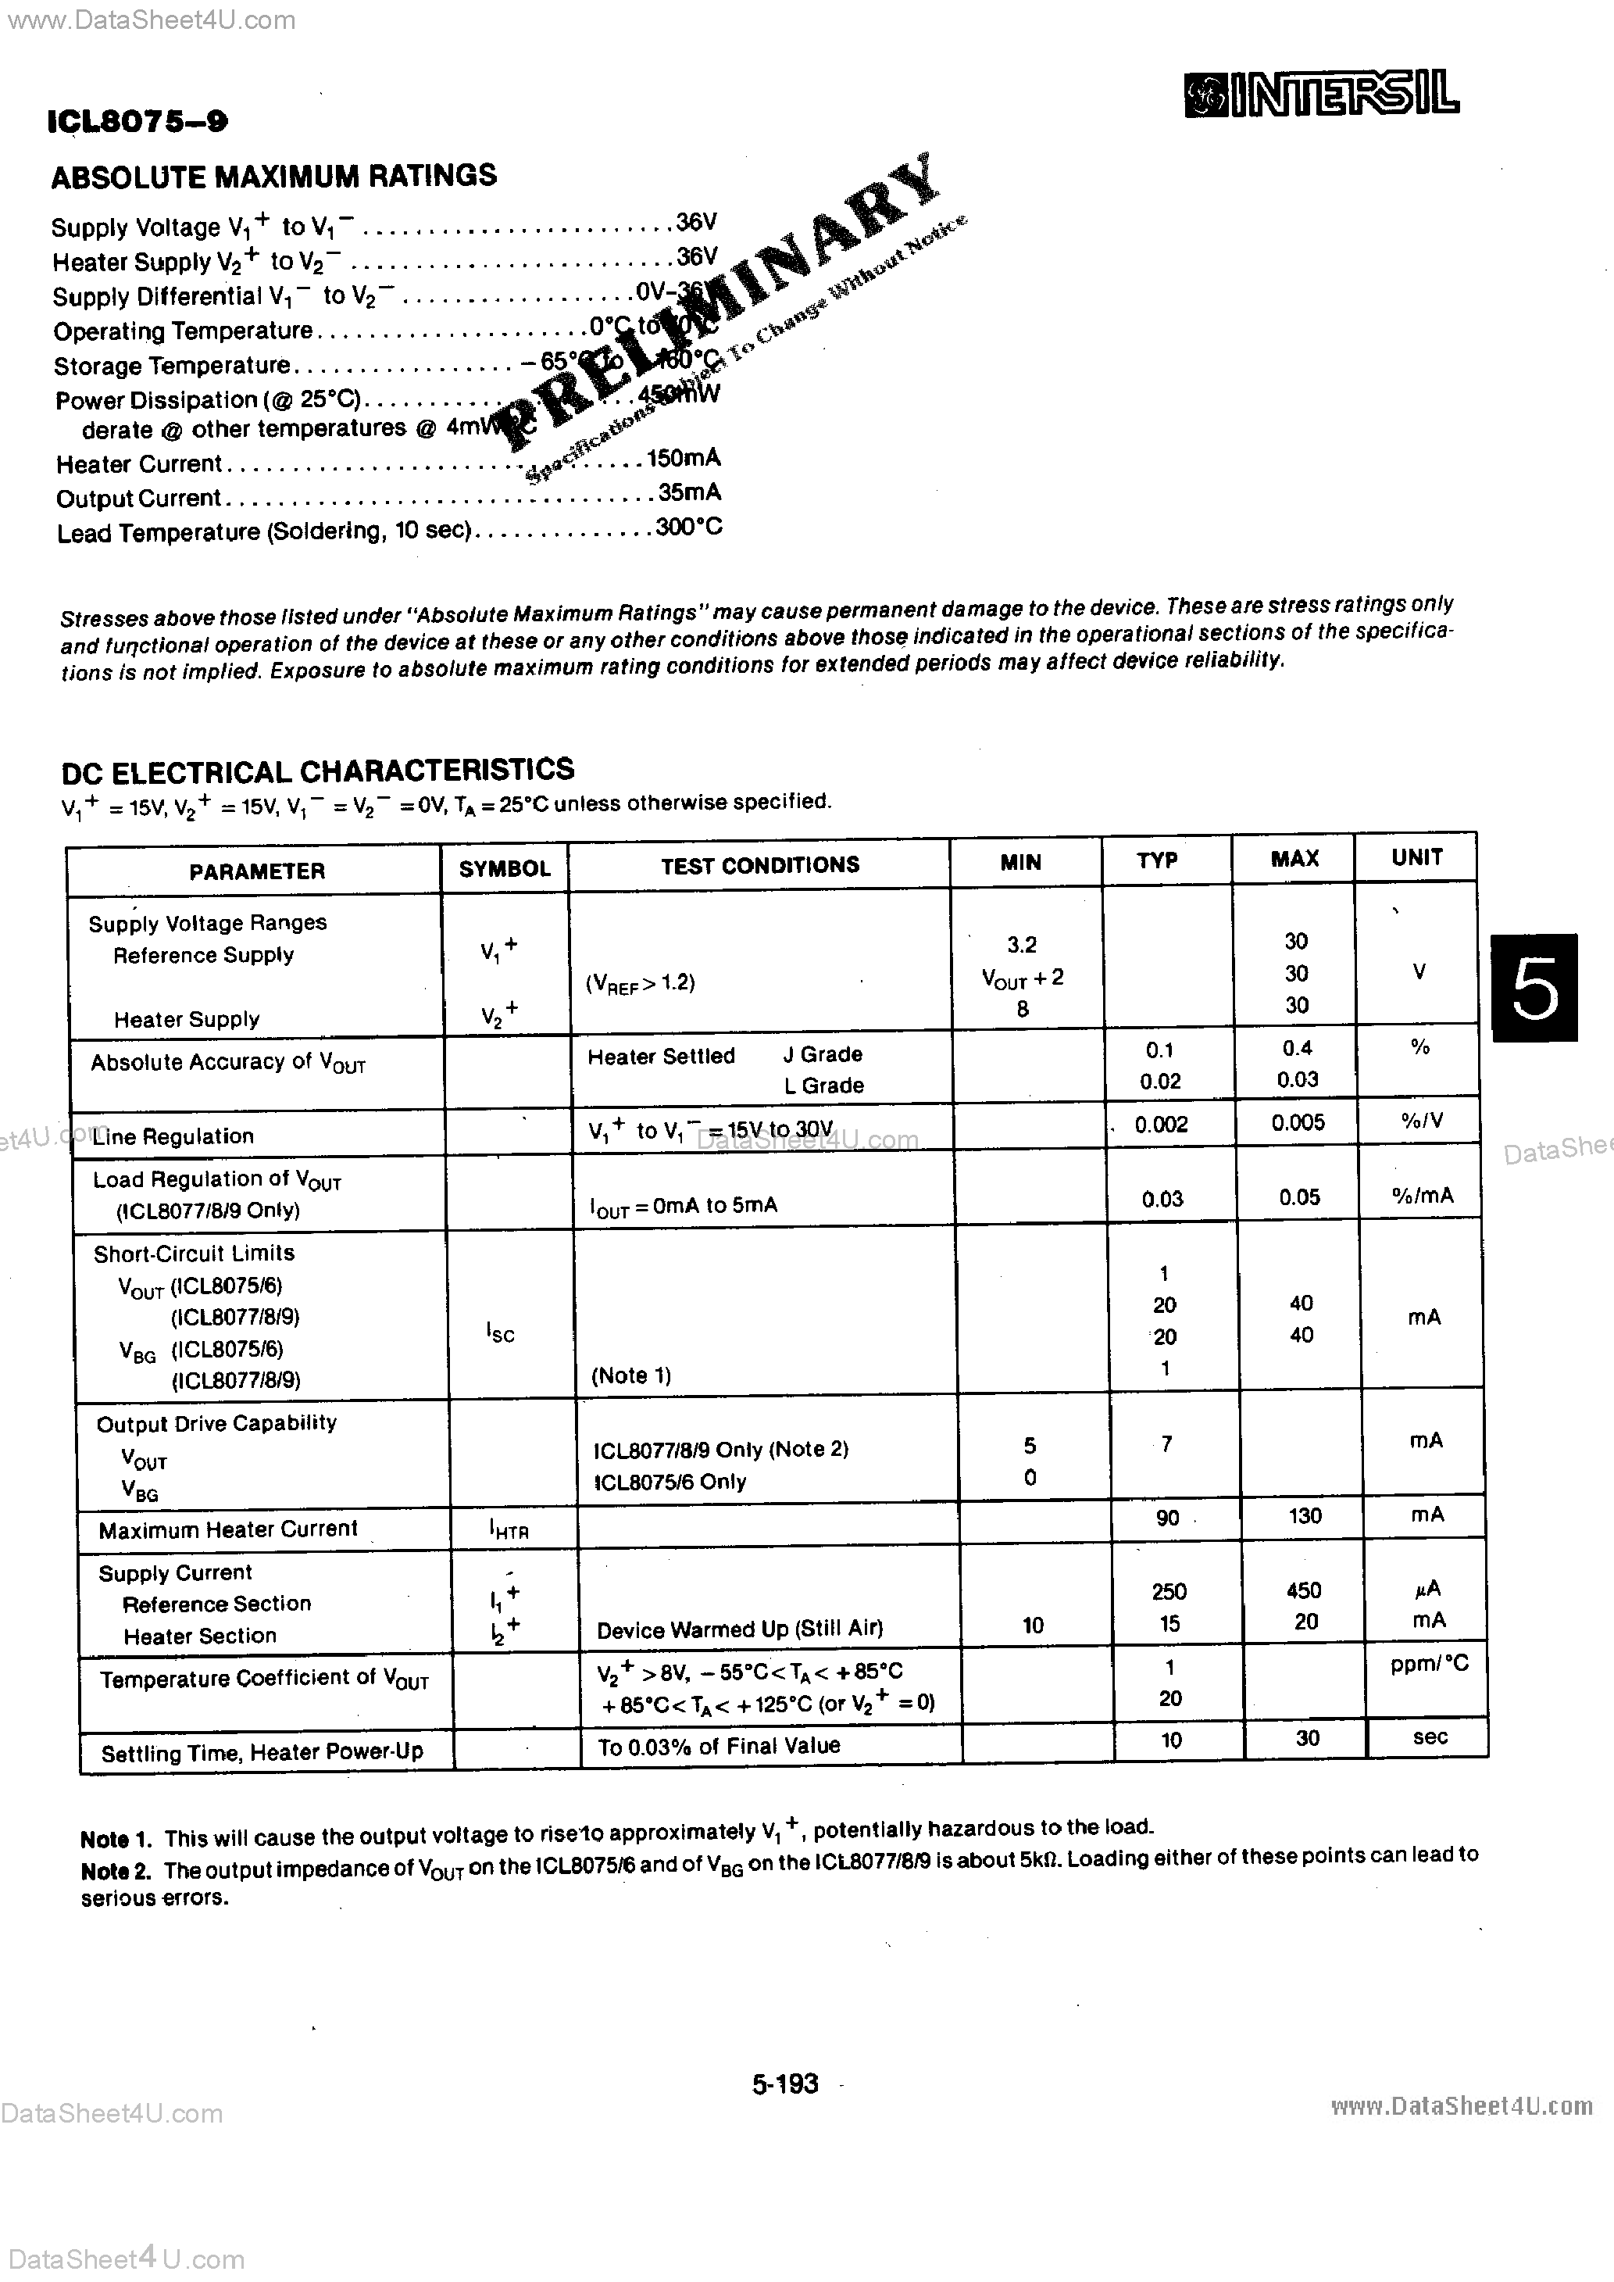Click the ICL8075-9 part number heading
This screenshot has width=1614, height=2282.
coord(137,122)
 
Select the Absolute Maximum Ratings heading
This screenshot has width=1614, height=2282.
coord(273,176)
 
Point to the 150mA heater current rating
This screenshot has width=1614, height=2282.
coord(684,458)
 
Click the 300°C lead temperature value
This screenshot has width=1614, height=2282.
coord(687,527)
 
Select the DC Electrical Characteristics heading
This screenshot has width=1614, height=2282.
coord(317,771)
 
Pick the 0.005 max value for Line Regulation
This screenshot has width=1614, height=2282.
coord(1297,1122)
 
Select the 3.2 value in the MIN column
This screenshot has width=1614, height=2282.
coord(1022,944)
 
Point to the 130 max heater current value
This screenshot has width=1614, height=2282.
coord(1304,1515)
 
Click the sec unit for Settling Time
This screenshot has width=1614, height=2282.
coord(1429,1737)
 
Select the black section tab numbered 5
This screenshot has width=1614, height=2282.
coord(1534,987)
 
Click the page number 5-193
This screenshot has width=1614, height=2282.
coord(785,2083)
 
